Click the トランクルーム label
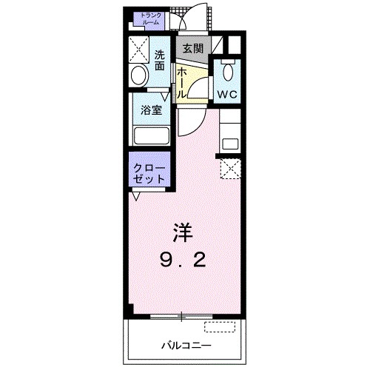(x=151, y=18)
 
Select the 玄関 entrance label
(x=193, y=48)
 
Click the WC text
(x=226, y=94)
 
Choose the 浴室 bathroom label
(x=151, y=112)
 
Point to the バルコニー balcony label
(x=186, y=345)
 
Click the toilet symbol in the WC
(x=228, y=73)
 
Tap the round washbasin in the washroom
(x=138, y=76)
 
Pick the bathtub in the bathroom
(x=152, y=136)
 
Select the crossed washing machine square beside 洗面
(x=138, y=49)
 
